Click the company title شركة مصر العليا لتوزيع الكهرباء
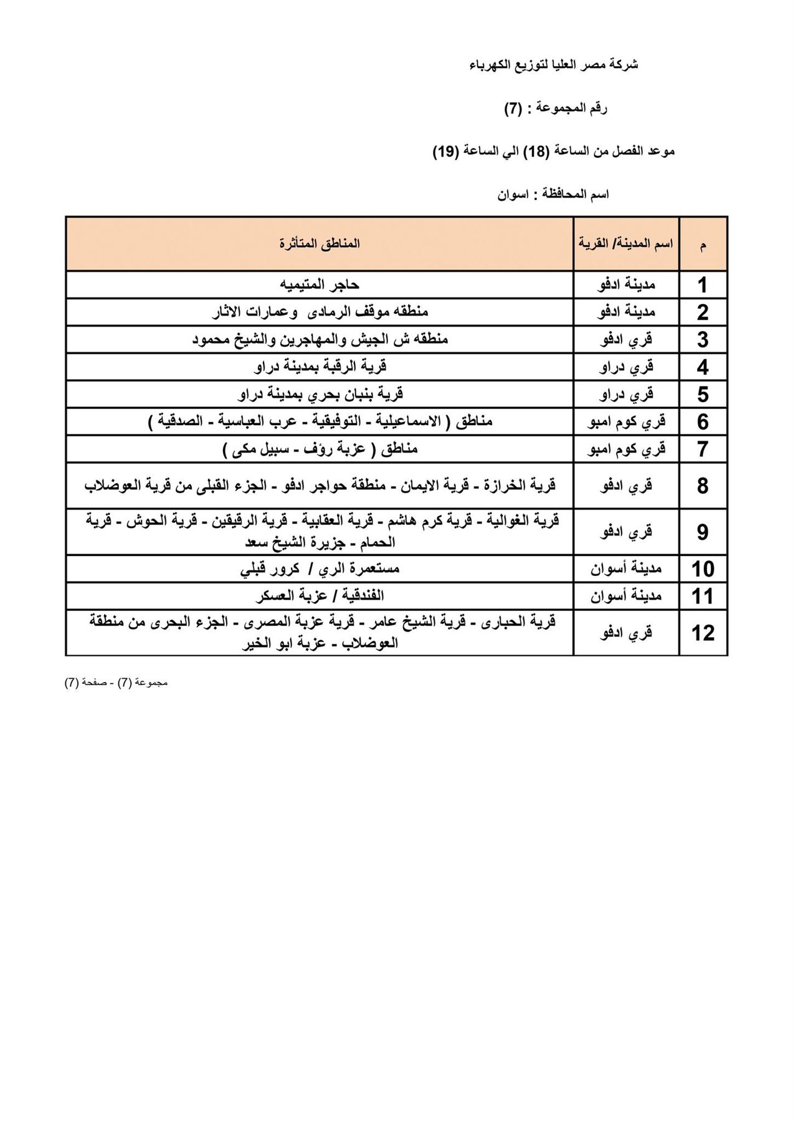[553, 65]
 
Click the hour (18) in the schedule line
[536, 151]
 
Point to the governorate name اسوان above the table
[513, 194]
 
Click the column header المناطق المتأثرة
[320, 244]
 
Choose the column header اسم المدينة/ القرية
[625, 244]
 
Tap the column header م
[703, 245]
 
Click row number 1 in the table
[703, 285]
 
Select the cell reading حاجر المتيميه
[320, 285]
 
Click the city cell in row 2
[626, 312]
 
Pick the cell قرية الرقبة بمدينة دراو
[320, 367]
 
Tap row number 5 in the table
[703, 395]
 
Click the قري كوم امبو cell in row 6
[626, 422]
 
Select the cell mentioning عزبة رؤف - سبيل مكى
[320, 449]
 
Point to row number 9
[703, 532]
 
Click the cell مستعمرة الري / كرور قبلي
[320, 569]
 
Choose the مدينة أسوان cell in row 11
[626, 597]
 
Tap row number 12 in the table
[703, 633]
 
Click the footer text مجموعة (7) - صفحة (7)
[116, 683]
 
